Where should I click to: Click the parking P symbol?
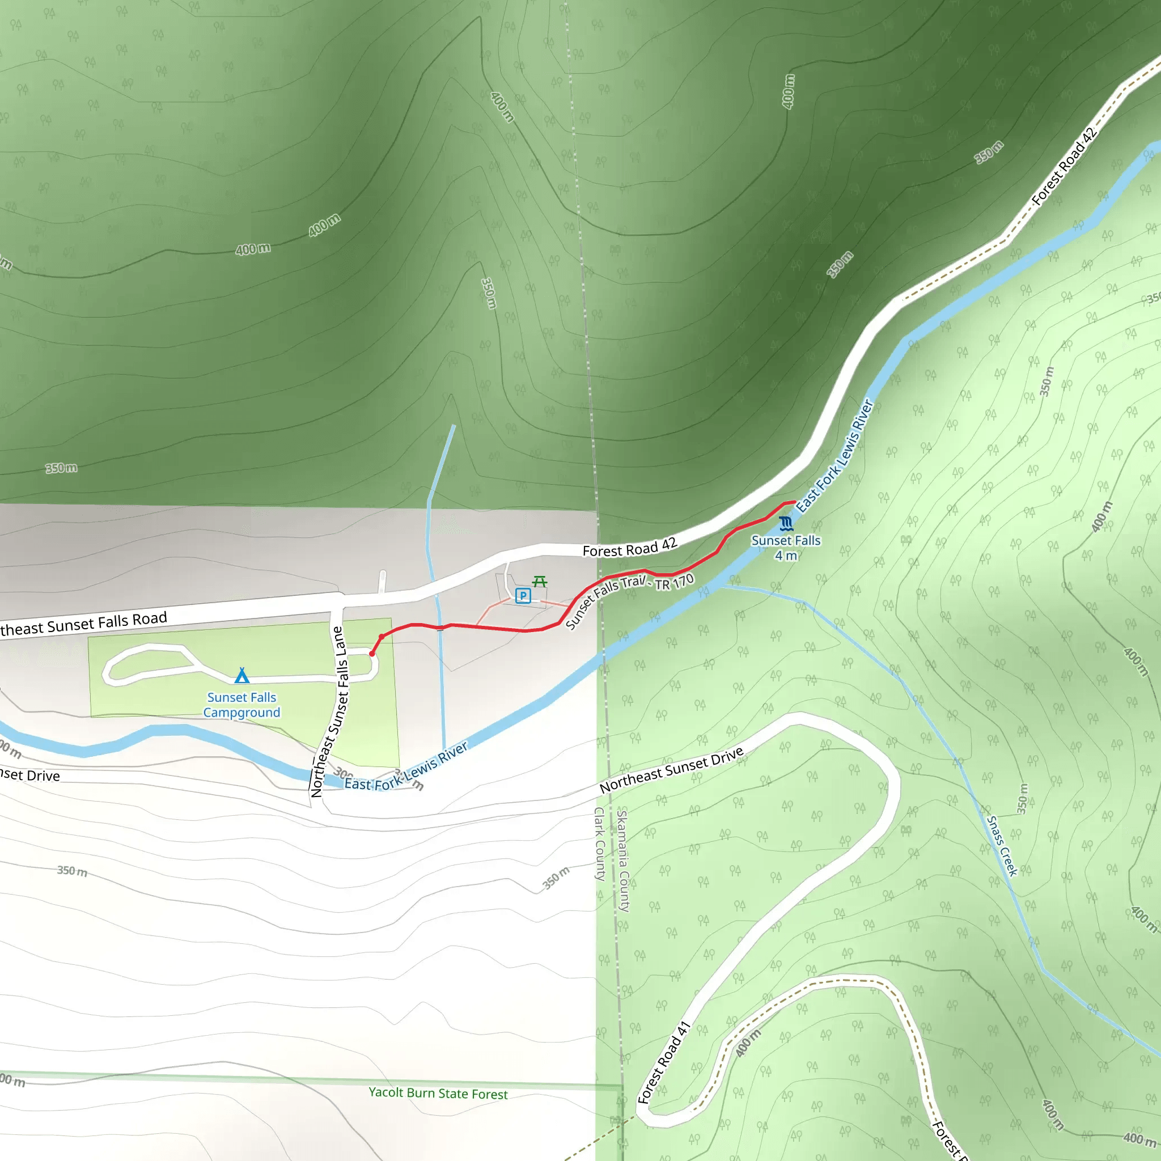click(523, 596)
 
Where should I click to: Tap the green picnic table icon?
click(540, 581)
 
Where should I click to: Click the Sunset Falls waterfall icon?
click(785, 523)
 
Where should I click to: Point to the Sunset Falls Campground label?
click(241, 705)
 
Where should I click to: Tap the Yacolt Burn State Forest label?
click(438, 1093)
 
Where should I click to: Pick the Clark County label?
click(600, 844)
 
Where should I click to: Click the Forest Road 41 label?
click(663, 1062)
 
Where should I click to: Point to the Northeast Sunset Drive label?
click(671, 769)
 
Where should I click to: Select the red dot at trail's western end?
click(372, 653)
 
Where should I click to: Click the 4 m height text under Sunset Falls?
click(785, 556)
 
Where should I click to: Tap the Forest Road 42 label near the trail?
click(629, 548)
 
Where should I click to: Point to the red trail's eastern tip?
click(794, 502)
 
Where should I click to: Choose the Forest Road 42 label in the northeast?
click(1064, 167)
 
